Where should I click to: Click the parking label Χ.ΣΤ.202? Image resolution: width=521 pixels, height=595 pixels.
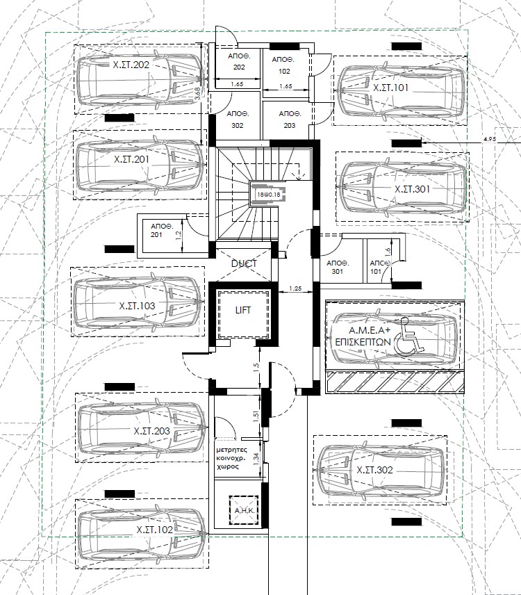coord(131,65)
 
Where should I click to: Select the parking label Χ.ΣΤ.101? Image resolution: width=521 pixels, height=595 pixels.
coord(390,88)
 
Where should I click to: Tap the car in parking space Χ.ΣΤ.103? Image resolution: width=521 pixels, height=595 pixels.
coord(137,302)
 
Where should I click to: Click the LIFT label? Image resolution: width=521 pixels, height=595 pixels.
coord(243,310)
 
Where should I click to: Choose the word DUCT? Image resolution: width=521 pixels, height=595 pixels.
coord(244,263)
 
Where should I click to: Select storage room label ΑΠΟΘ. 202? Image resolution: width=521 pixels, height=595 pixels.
coord(239,61)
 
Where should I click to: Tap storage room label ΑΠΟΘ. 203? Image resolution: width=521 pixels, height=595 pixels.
coord(290,120)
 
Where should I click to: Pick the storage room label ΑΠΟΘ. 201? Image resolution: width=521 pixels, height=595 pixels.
coord(162,231)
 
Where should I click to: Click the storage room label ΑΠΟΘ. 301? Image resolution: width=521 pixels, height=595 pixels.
coord(338,267)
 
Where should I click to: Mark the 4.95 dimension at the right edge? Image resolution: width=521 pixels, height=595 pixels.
coord(490,139)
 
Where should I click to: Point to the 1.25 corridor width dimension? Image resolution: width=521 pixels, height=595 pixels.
coord(295,288)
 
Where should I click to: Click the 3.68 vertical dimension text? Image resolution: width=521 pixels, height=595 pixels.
coord(197,94)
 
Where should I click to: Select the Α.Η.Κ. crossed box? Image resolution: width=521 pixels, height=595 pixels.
coord(244,511)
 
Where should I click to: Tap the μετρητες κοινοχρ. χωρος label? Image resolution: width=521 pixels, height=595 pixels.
coord(231,458)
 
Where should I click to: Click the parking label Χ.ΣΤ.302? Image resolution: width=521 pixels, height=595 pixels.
coord(374,470)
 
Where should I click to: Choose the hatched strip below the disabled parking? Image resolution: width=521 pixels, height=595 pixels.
coord(395,382)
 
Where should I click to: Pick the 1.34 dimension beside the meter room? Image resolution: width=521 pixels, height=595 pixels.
coord(256,459)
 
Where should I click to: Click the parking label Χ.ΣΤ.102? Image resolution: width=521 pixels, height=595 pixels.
coord(155,530)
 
